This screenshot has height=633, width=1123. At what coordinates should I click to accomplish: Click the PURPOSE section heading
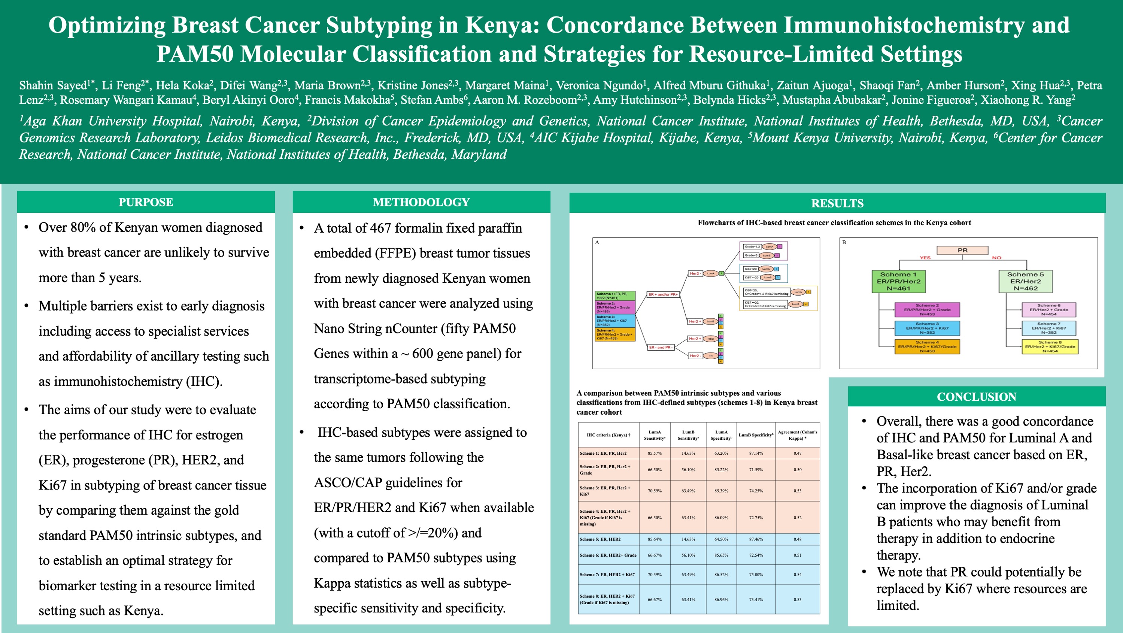point(146,202)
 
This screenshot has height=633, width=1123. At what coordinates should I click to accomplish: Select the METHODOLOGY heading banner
point(421,202)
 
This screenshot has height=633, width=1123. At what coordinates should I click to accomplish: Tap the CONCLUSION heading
point(976,397)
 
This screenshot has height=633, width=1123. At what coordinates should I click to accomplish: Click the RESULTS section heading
point(837,203)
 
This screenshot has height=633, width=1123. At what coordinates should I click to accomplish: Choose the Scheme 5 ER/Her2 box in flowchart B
point(1025,281)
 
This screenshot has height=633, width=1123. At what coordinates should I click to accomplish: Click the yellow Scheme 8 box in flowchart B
point(1050,346)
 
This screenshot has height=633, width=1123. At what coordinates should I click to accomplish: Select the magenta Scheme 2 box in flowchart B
point(927,309)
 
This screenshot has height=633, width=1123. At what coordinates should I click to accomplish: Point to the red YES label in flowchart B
point(925,258)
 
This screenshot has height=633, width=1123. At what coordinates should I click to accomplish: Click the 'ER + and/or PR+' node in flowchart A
point(663,294)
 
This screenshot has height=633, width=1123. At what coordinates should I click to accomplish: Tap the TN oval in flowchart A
point(711,356)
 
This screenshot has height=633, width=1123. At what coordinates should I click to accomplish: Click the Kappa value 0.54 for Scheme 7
point(797,575)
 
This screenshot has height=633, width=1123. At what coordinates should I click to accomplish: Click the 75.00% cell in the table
point(756,575)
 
